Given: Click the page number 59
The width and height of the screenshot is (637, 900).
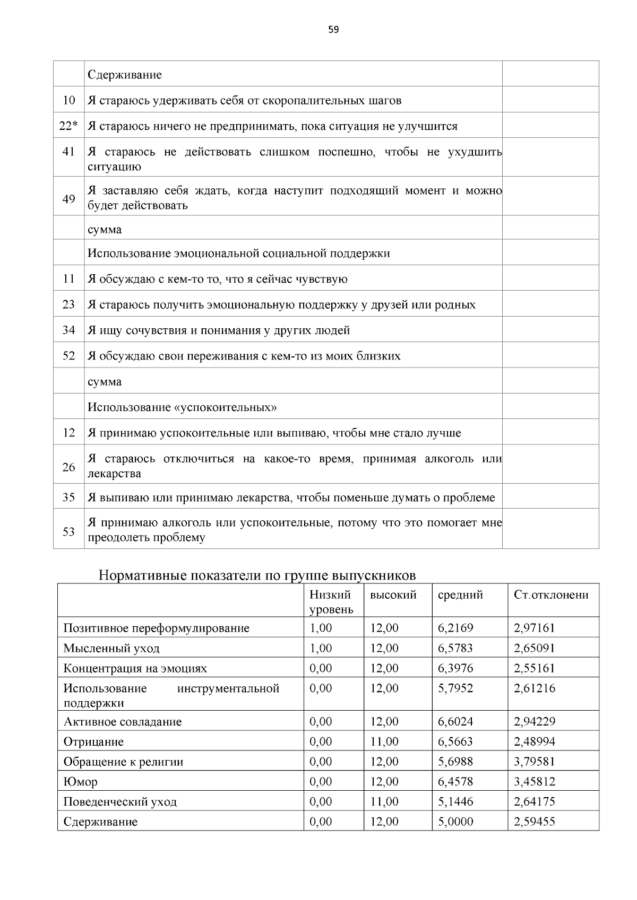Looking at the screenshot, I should coord(333,30).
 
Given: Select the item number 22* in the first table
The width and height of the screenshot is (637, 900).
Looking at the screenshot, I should coord(68,126).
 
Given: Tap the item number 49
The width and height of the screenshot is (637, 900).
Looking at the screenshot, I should coord(68,199).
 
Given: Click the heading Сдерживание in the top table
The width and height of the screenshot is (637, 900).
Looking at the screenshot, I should coord(125,75).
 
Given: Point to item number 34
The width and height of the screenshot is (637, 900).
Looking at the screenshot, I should coord(68,330).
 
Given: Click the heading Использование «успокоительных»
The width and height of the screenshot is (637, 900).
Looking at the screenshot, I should coord(182,407).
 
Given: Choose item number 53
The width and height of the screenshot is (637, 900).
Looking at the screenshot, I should coord(68,531).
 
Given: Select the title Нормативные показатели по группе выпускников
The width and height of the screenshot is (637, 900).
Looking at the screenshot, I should coord(257,576).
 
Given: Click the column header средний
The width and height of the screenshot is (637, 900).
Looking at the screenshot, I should coord(460,595).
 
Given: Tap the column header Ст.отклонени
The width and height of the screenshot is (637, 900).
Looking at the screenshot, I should coord(551,595).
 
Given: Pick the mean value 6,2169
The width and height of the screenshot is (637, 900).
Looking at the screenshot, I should coord(455,628).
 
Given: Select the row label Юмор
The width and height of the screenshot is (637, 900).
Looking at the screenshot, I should coord(81,782).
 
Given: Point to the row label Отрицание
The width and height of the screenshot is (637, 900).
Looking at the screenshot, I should coord(93,741).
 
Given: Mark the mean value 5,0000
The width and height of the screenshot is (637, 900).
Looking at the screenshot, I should coord(455,822).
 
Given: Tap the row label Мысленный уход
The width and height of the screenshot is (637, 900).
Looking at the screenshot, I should coord(111,648).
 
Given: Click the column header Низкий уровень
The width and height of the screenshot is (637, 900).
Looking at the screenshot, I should coord(331,602).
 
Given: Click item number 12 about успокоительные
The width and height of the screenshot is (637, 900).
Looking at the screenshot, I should coord(68,433).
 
